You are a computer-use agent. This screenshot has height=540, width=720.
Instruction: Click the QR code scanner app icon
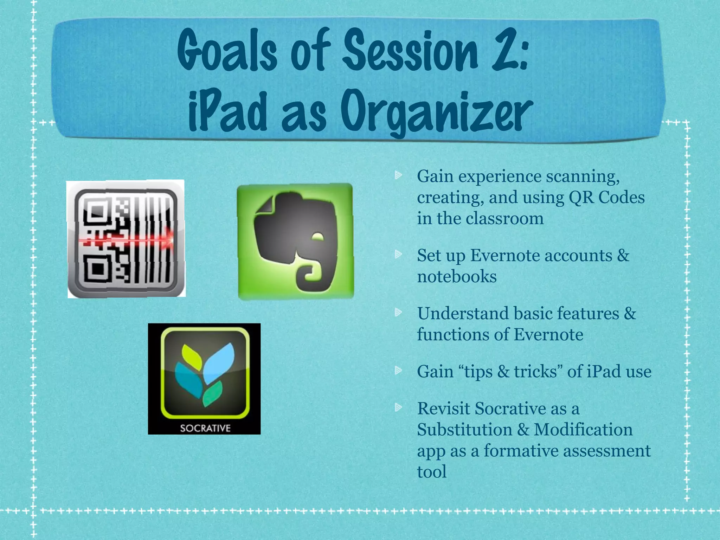click(126, 239)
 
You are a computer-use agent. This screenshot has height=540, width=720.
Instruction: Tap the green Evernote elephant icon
click(295, 242)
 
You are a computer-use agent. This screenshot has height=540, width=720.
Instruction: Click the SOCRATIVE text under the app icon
click(205, 428)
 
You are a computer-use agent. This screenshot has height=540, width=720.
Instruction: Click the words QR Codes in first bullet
click(606, 197)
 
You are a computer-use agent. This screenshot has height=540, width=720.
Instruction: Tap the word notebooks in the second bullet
click(457, 276)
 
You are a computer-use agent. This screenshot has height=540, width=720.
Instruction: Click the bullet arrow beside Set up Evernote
click(398, 254)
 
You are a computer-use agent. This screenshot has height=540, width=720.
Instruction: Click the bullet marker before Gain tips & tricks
click(398, 370)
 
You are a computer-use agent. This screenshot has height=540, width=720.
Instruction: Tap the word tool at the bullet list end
click(432, 471)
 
